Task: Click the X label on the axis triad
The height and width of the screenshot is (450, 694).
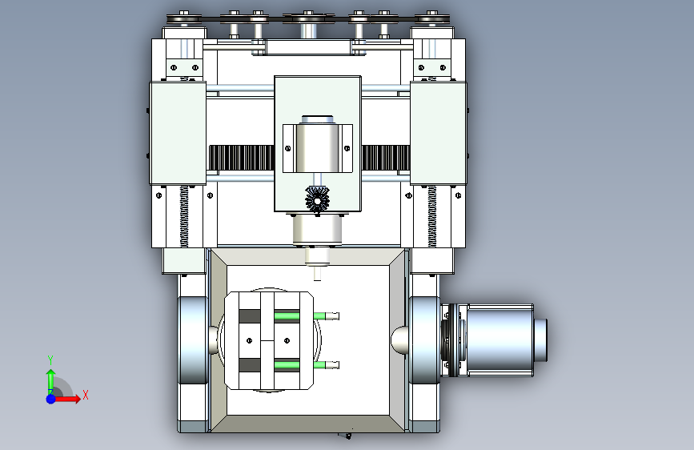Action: click(x=86, y=395)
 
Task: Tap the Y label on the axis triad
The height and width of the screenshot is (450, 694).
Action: click(x=50, y=360)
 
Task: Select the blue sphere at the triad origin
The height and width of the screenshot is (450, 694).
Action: click(x=51, y=399)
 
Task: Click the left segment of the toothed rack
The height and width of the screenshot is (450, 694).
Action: click(x=241, y=158)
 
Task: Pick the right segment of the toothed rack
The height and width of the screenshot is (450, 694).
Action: click(x=386, y=158)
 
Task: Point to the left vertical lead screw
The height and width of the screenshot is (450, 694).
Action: click(x=183, y=216)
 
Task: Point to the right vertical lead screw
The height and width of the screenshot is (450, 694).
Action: click(x=432, y=216)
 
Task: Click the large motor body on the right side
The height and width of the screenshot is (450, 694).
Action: click(x=500, y=340)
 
